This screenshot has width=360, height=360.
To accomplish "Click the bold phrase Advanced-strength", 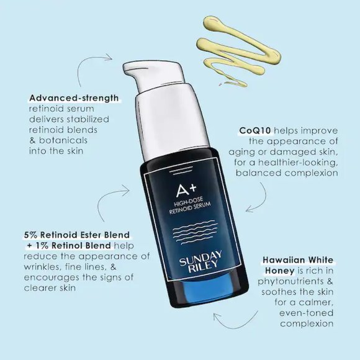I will tap(74, 98).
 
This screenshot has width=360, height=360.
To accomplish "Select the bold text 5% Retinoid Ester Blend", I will tap(77, 235).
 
